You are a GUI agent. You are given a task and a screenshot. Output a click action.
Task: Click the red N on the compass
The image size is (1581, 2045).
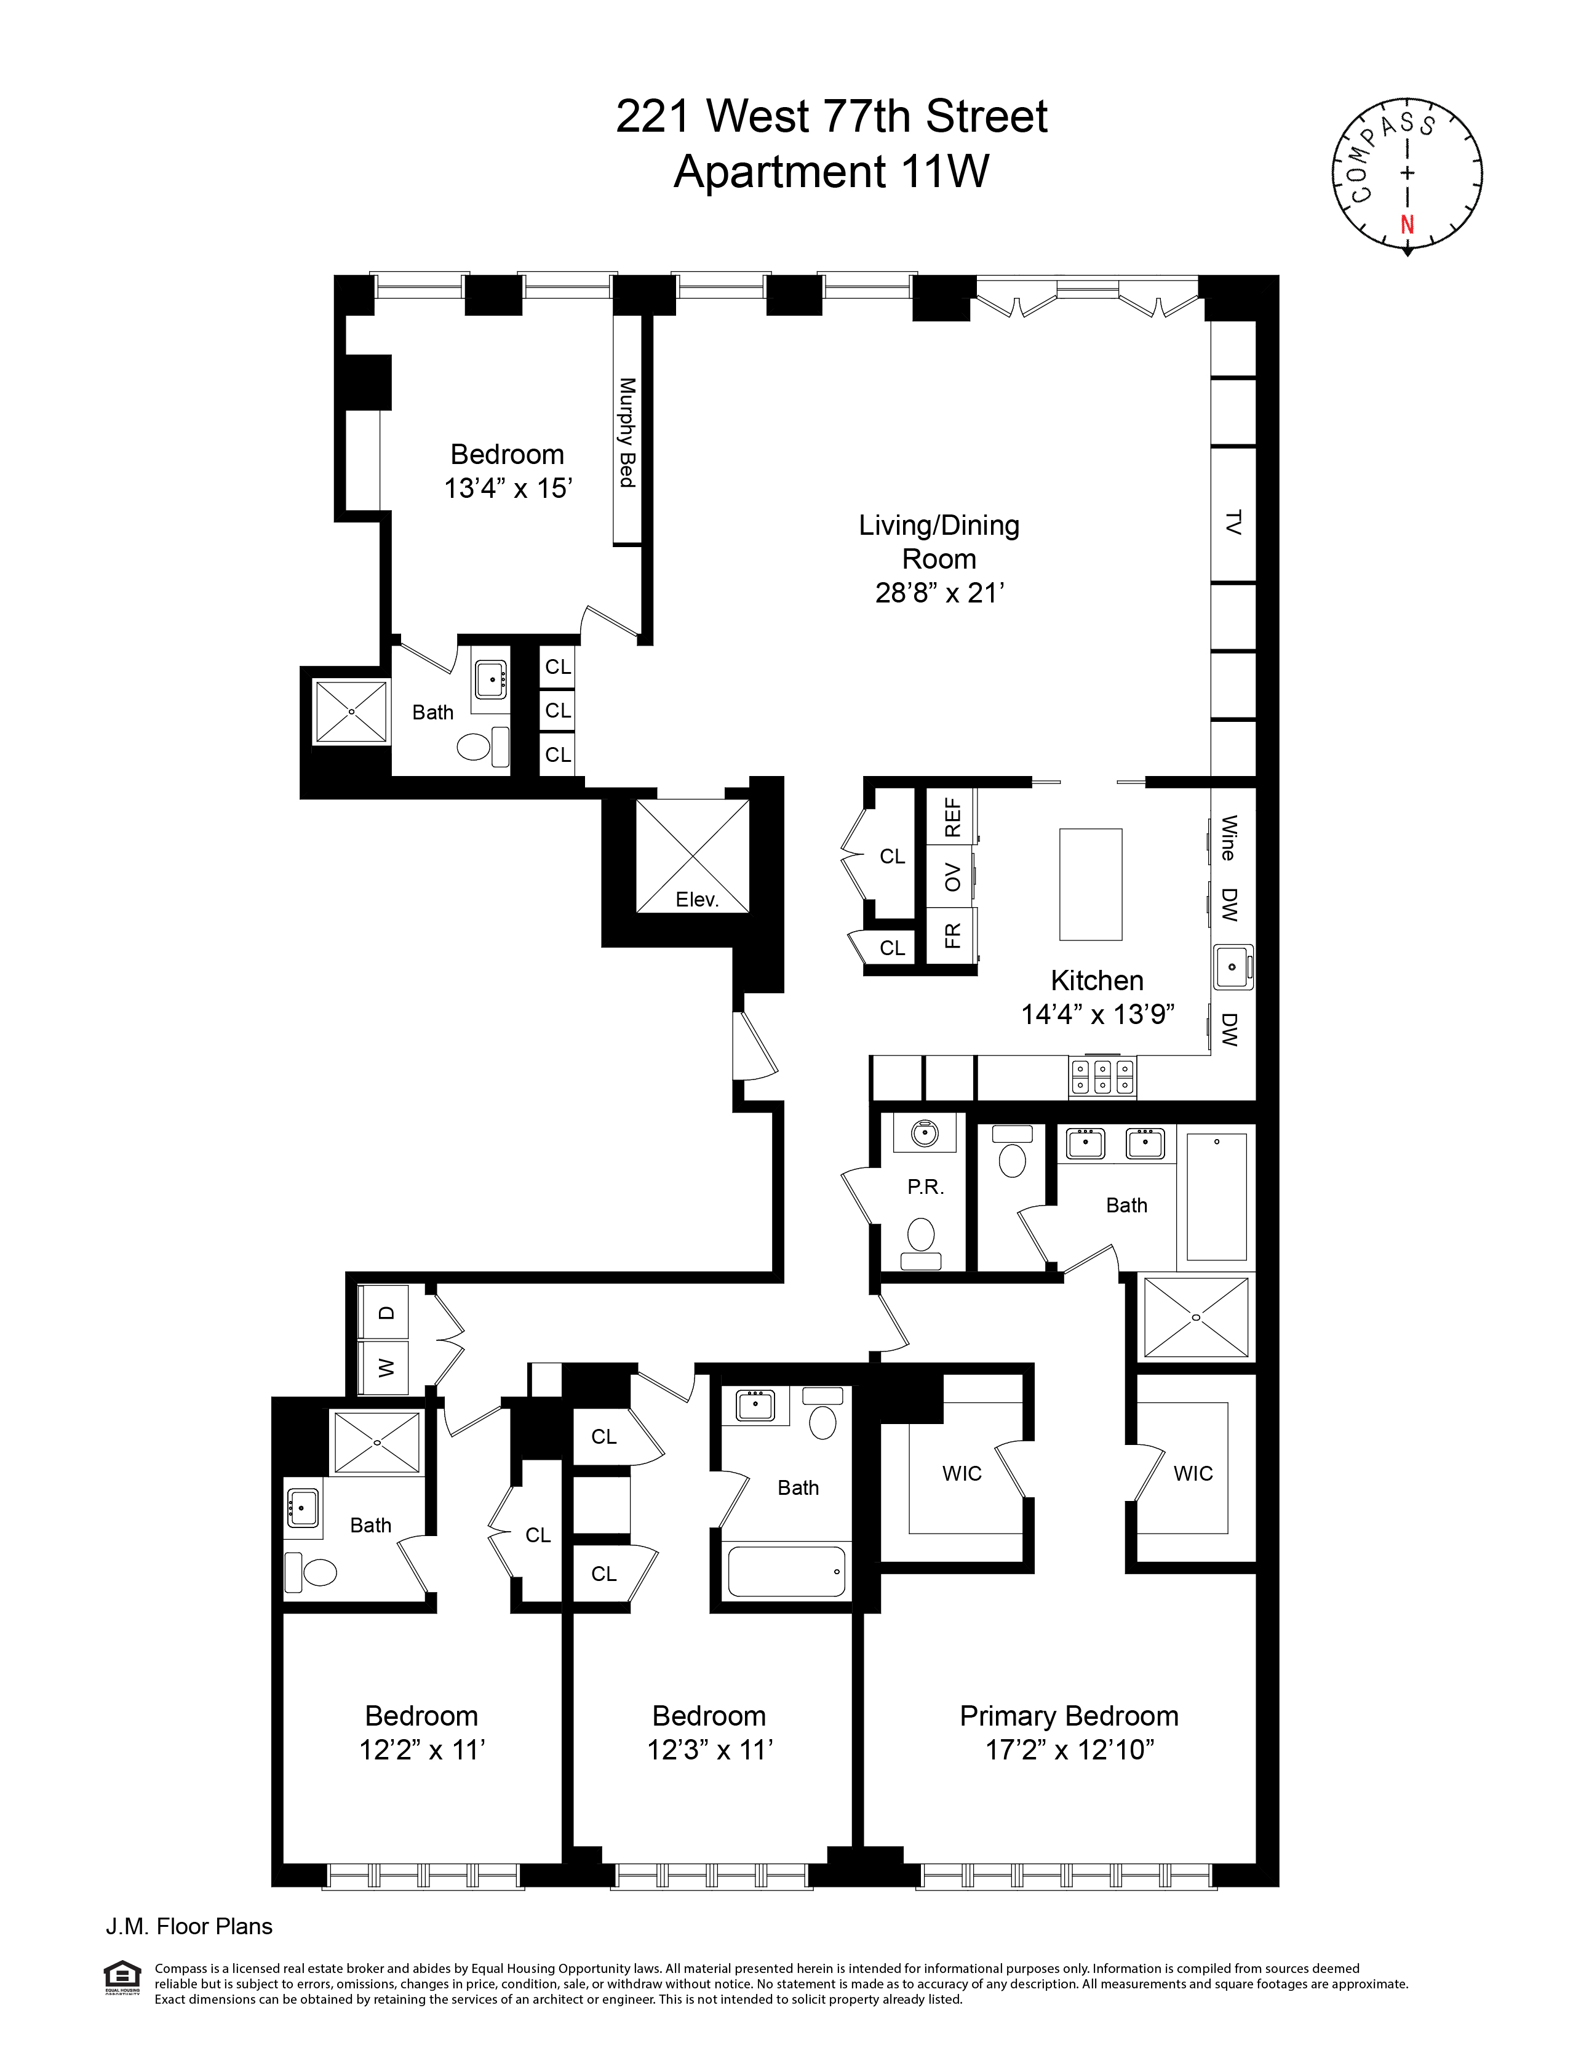(1406, 225)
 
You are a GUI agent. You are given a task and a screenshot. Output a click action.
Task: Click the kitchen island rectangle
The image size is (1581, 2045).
(1091, 883)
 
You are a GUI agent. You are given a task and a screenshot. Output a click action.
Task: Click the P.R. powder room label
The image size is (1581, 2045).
(925, 1187)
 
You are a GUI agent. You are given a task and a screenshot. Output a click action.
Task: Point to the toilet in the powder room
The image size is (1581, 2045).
(922, 1235)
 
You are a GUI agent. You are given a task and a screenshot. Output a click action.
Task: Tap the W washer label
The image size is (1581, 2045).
(386, 1368)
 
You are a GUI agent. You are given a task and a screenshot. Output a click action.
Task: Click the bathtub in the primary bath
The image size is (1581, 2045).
(1217, 1197)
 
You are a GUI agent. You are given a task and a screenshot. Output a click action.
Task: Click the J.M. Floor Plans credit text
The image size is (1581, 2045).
(188, 1926)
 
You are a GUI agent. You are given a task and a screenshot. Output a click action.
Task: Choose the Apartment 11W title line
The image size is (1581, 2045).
(831, 171)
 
